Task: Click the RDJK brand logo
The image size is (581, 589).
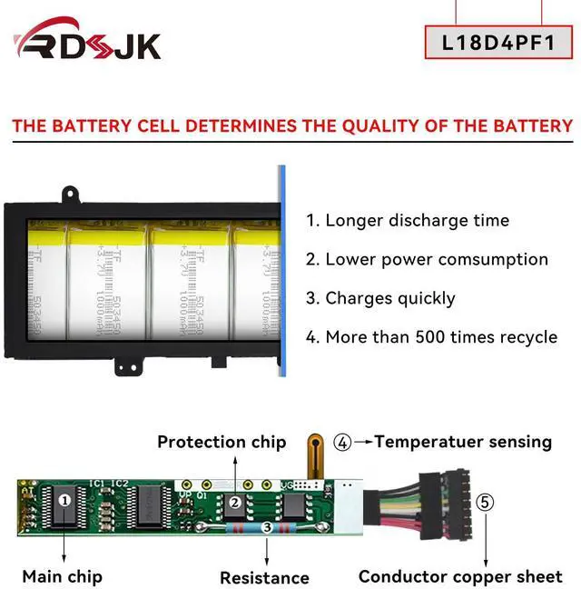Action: coord(88,42)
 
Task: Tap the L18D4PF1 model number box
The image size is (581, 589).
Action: coord(498,42)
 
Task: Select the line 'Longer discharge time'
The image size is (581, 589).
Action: coord(408,220)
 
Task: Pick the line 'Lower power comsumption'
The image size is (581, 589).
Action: coord(427,259)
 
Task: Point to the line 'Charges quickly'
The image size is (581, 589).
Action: coord(380,298)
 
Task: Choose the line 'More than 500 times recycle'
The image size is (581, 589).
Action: coord(431,337)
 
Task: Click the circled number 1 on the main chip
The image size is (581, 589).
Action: coord(64,500)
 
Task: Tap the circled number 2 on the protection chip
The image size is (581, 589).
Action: coord(234,503)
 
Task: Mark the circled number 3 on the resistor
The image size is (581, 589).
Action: coord(267,527)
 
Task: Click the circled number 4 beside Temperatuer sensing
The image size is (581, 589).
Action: coord(342,443)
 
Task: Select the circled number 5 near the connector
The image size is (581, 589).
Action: coord(486,502)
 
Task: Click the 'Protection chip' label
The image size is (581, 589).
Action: coord(222,443)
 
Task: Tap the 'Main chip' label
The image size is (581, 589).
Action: coord(62,576)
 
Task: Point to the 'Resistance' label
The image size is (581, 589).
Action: coord(264,577)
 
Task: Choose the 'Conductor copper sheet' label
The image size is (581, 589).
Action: coord(460,576)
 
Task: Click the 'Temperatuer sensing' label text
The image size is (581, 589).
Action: coord(463,443)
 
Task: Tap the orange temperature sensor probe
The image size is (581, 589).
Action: coord(314,454)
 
